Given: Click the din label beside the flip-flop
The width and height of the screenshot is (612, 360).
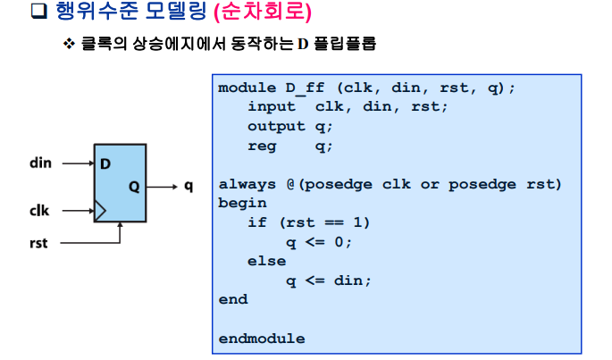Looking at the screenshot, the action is (x=41, y=163).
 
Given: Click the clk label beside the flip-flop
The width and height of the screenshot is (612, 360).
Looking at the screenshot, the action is (x=39, y=212).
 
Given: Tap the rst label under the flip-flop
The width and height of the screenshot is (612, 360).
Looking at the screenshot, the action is (x=38, y=242).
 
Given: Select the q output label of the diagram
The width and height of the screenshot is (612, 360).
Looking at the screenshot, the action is (x=189, y=187).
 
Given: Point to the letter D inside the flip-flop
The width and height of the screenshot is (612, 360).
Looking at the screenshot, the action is (x=105, y=164).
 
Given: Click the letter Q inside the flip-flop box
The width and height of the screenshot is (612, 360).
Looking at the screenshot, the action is (x=133, y=188).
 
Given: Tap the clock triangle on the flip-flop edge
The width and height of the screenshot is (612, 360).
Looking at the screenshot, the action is (x=100, y=212).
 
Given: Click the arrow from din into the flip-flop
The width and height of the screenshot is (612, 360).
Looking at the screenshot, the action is (x=79, y=163).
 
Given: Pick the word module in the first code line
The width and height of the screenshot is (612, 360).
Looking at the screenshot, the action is (x=247, y=88).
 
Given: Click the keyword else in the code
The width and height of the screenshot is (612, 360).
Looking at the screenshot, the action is (x=266, y=261).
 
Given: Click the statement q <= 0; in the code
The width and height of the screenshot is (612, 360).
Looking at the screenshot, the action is (x=319, y=241).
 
